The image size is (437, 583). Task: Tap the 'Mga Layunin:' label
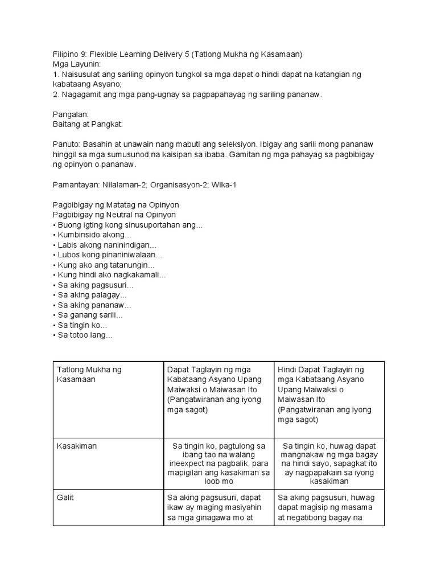coord(76,64)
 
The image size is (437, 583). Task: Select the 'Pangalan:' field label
coord(71,114)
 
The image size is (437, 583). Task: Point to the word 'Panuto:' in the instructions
coord(67,144)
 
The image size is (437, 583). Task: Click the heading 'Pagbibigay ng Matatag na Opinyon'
coord(116,205)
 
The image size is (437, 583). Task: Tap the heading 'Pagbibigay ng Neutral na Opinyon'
coord(114,215)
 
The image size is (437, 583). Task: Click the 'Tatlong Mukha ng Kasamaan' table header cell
coord(89,374)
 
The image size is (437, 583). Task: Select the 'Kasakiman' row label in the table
coord(77,446)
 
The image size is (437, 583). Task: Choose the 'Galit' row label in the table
coord(65,497)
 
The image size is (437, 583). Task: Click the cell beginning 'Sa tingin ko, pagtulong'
coord(218,459)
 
